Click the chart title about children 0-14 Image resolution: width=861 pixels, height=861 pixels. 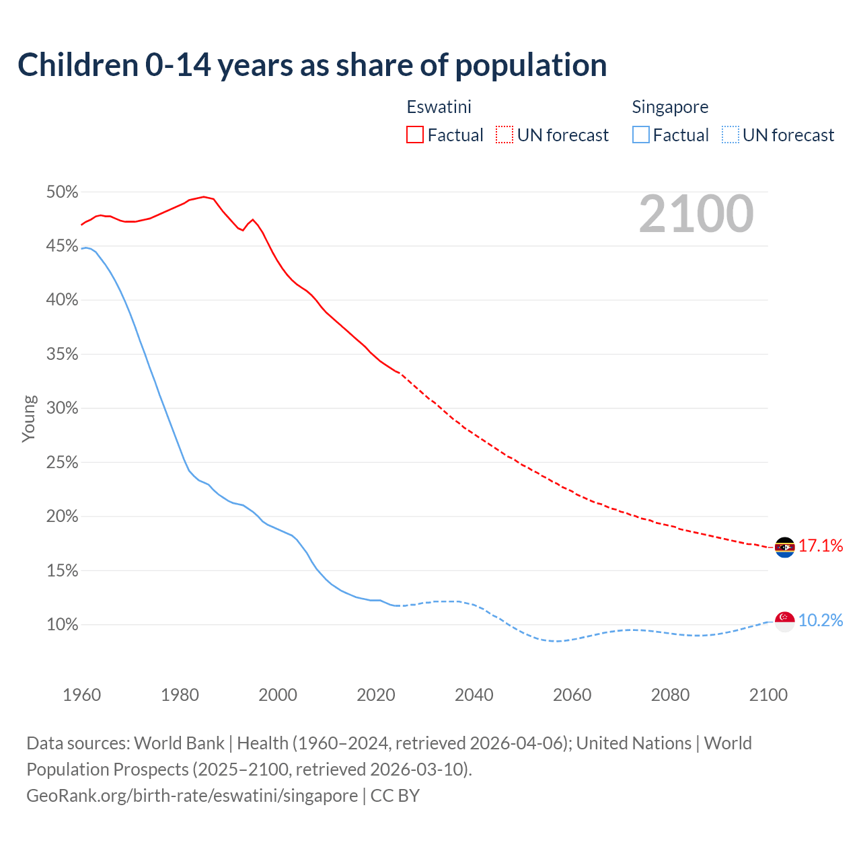point(312,65)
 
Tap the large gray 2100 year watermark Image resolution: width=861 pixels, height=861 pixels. point(696,214)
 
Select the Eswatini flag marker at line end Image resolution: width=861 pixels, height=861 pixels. point(784,548)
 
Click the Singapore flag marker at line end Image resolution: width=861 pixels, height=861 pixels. point(784,621)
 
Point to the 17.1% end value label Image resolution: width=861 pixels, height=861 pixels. point(821,546)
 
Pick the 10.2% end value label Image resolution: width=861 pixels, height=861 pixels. point(821,620)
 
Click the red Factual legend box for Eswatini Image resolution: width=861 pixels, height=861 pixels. point(415,135)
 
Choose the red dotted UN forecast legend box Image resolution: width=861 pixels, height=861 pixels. point(504,135)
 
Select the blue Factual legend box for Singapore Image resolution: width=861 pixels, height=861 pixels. point(641,135)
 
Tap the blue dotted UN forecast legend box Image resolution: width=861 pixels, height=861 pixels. point(730,135)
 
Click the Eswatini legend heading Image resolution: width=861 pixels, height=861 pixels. point(439,107)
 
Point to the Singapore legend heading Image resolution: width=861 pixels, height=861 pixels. point(670,107)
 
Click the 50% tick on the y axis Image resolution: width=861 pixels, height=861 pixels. point(62,192)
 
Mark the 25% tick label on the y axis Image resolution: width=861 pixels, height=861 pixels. point(62,463)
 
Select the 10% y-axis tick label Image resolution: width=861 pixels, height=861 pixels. point(62,625)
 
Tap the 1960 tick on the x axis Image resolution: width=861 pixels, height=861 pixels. point(81,695)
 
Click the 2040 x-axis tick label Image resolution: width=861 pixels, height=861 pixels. point(474,695)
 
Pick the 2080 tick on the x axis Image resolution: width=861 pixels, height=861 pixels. point(670,695)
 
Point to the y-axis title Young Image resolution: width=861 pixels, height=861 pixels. point(29,418)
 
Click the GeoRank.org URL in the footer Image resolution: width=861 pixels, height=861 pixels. point(192,796)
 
